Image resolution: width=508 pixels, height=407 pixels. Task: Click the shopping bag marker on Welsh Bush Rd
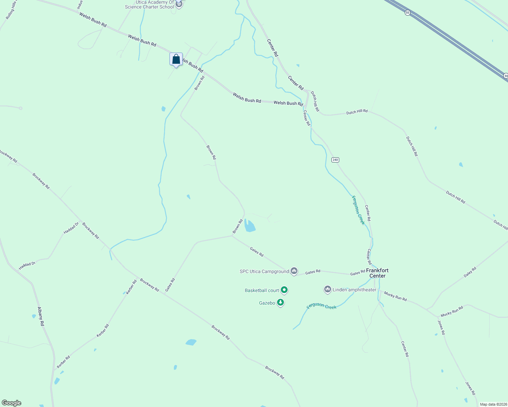tap(176, 60)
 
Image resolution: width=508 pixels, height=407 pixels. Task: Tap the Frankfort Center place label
tap(377, 273)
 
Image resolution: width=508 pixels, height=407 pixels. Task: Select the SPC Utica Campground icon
tap(294, 271)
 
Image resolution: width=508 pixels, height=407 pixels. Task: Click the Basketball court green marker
tap(285, 290)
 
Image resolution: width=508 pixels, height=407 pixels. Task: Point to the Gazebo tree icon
tap(280, 302)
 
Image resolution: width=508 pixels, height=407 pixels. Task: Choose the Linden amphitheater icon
tap(327, 289)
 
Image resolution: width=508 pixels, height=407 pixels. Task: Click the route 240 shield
tap(335, 160)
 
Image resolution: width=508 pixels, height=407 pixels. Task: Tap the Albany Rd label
tap(41, 316)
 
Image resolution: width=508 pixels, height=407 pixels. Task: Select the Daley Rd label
tap(470, 272)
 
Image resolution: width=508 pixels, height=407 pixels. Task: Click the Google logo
tap(12, 403)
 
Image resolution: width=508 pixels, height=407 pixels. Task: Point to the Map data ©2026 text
tap(493, 404)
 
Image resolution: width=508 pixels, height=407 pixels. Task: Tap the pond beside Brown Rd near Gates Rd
tap(250, 226)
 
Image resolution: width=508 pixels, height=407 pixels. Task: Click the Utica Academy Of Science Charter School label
tap(150, 5)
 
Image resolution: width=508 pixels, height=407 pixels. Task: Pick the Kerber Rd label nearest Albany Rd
tap(64, 362)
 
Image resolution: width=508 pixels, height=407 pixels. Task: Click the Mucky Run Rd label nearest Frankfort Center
tap(395, 297)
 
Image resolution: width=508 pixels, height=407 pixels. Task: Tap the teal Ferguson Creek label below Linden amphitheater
tap(321, 306)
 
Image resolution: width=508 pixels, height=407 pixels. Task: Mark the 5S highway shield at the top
tap(408, 13)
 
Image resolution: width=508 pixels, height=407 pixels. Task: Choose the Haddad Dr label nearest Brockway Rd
tap(71, 228)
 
